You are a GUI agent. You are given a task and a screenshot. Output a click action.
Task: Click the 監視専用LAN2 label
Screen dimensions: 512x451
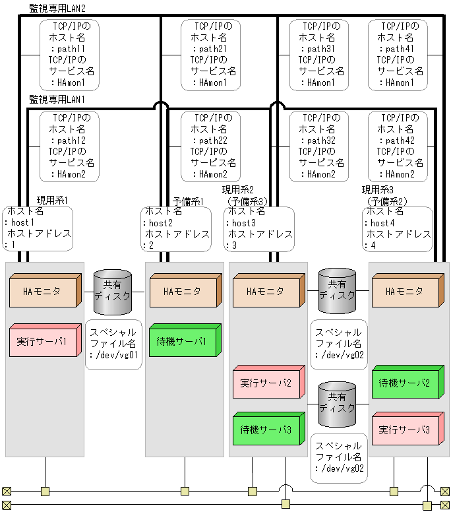click(x=57, y=7)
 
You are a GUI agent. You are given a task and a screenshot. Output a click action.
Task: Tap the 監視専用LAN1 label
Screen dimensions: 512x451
click(x=57, y=99)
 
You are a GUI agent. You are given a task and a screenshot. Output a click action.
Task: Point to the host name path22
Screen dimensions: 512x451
click(x=213, y=141)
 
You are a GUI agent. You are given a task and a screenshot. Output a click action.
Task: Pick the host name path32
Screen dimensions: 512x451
click(x=321, y=141)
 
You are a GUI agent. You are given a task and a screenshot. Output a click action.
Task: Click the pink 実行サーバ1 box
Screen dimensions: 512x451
click(x=42, y=342)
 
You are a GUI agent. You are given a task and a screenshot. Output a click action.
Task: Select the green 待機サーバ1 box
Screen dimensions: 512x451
click(x=181, y=342)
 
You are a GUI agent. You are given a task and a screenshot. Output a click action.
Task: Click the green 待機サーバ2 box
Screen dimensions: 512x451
click(x=404, y=383)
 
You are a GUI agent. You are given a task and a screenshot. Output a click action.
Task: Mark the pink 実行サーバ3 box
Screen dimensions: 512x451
click(x=404, y=430)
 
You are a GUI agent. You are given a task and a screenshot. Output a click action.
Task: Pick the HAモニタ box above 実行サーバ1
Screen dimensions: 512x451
click(x=42, y=292)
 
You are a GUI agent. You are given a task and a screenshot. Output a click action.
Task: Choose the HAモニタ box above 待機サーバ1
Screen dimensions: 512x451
click(x=181, y=292)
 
